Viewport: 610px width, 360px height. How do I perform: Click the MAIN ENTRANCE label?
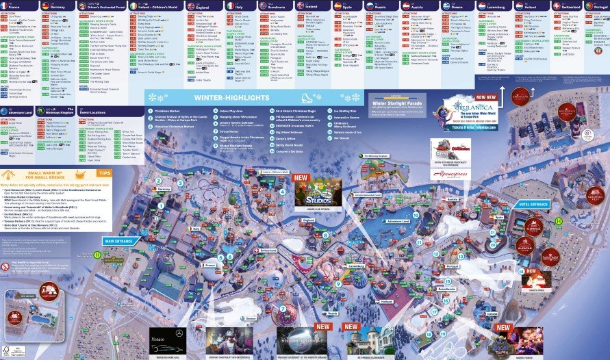pos(117,241)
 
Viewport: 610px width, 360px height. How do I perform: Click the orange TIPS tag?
pos(104,174)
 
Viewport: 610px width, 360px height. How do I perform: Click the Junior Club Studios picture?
pos(317,191)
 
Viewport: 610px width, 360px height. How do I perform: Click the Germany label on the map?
pos(163,189)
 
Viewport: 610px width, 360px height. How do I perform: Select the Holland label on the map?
pos(387,300)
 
